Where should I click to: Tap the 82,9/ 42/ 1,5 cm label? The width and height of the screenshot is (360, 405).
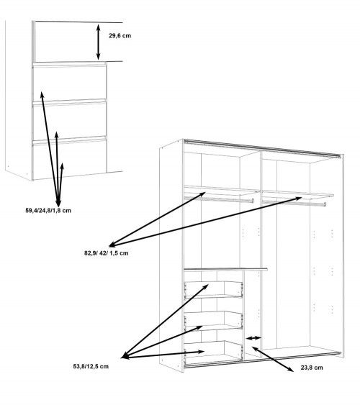(x=107, y=253)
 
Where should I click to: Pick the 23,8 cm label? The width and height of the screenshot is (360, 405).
(x=312, y=367)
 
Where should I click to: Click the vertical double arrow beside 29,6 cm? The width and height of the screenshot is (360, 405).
(x=99, y=41)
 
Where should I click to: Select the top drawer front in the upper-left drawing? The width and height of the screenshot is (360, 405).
(x=68, y=83)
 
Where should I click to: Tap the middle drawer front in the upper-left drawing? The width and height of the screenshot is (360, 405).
(x=68, y=119)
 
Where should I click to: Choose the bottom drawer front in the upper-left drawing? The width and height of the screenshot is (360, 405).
(x=68, y=155)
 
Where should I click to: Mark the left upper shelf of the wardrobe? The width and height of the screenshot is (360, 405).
(x=220, y=192)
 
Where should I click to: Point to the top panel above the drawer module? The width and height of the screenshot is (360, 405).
(x=225, y=269)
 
